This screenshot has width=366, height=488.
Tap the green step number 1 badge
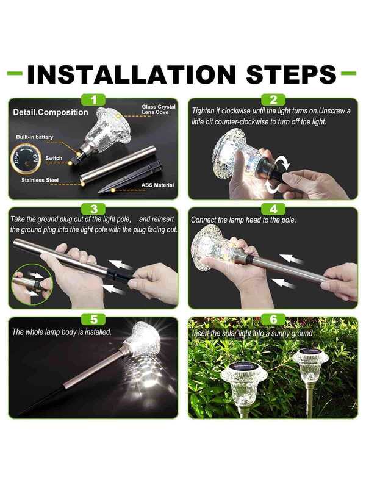(x=93, y=99)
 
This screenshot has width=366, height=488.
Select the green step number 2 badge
(x=273, y=99)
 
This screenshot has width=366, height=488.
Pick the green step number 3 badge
(x=93, y=209)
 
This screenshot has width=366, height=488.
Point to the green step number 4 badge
(x=273, y=209)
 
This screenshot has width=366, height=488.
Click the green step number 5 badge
(x=93, y=318)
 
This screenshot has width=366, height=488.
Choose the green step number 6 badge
(x=273, y=318)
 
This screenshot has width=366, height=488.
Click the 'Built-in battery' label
(x=34, y=138)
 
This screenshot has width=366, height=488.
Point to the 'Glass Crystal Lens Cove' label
(x=158, y=109)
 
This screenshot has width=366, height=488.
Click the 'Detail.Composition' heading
(x=51, y=112)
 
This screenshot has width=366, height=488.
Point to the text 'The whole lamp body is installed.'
(x=62, y=332)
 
